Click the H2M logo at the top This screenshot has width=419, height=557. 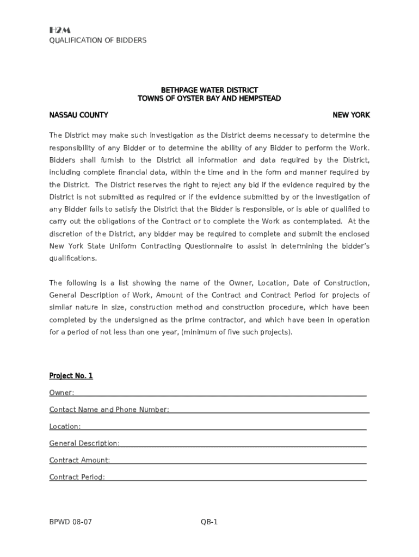tap(60, 30)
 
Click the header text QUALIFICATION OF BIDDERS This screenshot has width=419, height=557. tap(98, 41)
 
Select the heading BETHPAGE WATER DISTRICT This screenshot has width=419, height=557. tap(209, 90)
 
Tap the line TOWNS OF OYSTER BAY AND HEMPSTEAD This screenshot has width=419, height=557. tap(209, 98)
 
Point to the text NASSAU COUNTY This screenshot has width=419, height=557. tap(78, 115)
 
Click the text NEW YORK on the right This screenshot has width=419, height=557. tap(351, 115)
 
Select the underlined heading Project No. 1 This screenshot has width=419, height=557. tap(71, 376)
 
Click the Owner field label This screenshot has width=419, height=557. tap(61, 393)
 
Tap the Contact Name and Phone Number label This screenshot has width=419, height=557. tap(109, 410)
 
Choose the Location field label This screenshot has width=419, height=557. tap(65, 427)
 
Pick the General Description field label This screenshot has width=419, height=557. tap(84, 443)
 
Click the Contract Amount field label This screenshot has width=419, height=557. tap(79, 460)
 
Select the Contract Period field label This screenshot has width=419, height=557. tap(77, 477)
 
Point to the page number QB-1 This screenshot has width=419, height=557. tap(209, 522)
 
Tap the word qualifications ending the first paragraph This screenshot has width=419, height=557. tap(73, 258)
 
